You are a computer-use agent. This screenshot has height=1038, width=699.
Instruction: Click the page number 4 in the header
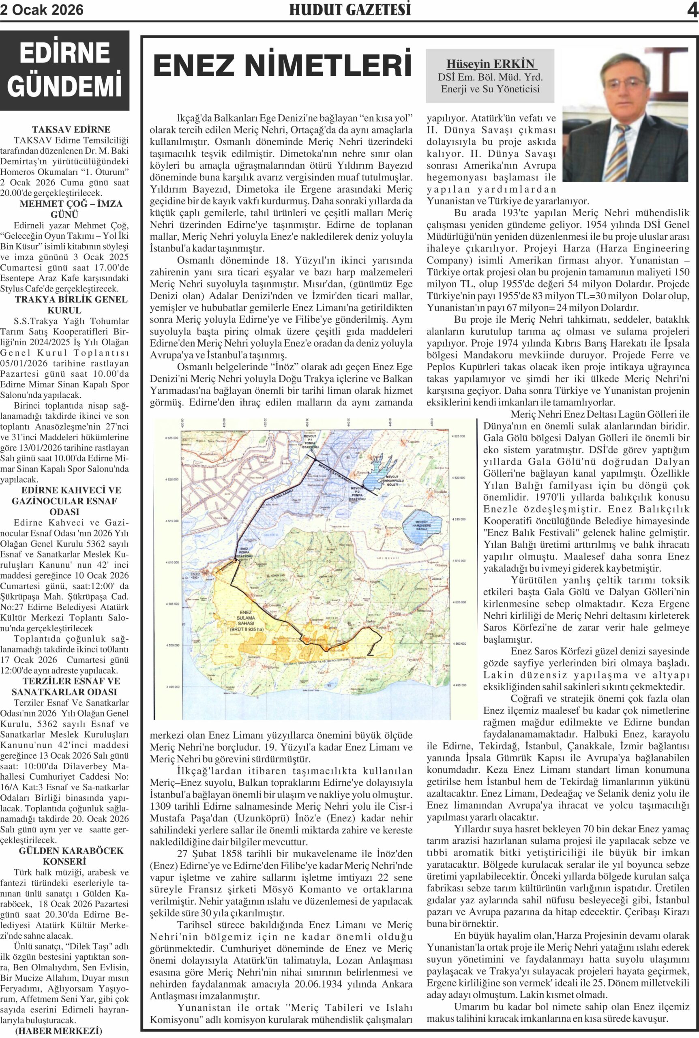691,10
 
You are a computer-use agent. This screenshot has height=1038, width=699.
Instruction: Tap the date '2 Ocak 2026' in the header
42,10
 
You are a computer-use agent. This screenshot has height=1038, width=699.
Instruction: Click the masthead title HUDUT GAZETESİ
349,10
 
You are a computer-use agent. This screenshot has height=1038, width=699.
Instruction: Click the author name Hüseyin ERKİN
490,64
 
